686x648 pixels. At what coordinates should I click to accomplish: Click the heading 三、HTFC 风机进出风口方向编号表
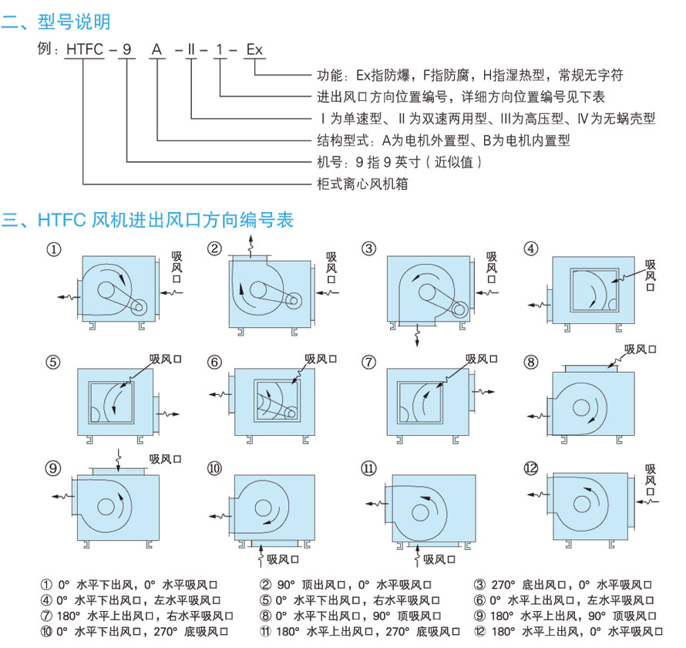(x=147, y=220)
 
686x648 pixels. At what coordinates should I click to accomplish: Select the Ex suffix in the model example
(x=254, y=50)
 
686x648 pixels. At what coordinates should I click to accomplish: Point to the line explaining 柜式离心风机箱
(x=362, y=184)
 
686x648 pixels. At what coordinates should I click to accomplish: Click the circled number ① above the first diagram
(x=53, y=249)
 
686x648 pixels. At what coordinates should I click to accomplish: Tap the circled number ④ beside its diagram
(x=530, y=248)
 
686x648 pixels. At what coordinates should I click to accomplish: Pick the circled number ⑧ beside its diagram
(x=530, y=362)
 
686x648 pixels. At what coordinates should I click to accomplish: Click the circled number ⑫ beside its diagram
(x=530, y=468)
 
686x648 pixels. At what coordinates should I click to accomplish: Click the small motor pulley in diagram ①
(x=140, y=308)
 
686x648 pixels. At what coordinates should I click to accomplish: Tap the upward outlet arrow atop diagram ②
(x=251, y=246)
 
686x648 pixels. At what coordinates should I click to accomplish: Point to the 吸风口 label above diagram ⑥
(x=321, y=358)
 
